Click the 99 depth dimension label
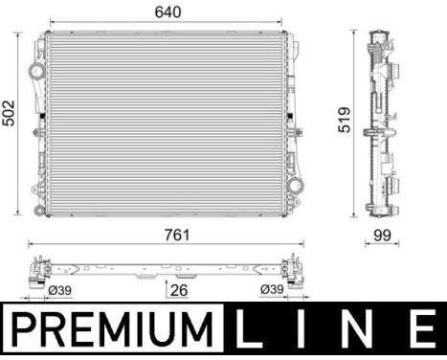pos(382,234)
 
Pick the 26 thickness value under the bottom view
pos(177,290)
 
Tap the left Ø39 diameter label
pos(59,290)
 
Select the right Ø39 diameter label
pos(272,290)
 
